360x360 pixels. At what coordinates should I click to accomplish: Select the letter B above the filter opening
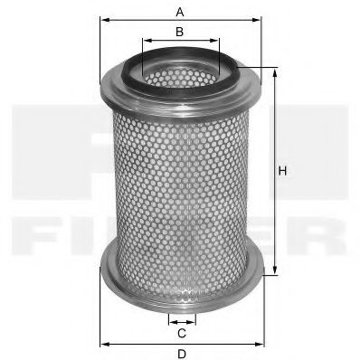pos(180,32)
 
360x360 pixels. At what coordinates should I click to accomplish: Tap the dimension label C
pos(181,334)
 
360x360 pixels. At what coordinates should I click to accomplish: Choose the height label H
pos(282,171)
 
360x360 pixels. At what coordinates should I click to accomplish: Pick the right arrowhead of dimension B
pos(217,42)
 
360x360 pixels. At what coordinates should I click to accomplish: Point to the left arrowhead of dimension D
pos(100,344)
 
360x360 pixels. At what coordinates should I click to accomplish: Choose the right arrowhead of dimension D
pos(262,344)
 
